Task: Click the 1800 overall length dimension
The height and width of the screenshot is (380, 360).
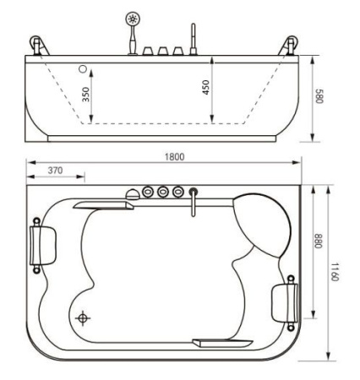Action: tap(175, 157)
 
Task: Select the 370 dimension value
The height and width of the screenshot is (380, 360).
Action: tap(55, 171)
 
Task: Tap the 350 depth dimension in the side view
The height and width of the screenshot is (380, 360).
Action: tap(86, 94)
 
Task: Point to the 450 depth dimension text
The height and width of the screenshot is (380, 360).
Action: tap(206, 88)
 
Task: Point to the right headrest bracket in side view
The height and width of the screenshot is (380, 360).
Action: tap(292, 45)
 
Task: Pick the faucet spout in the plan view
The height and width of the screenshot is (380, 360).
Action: tap(193, 203)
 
